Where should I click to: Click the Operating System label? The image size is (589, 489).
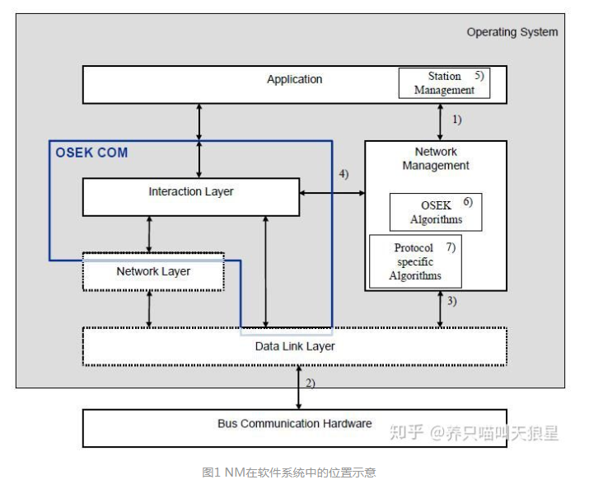coord(512,32)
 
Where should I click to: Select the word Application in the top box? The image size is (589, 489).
coord(294,79)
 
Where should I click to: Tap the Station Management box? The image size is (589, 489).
coord(444,83)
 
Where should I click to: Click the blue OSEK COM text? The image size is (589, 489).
coord(91,153)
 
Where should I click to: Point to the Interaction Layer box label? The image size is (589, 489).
coord(190,191)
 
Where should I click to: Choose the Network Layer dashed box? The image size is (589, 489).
coord(153,271)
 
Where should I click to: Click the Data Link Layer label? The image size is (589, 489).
coord(295,346)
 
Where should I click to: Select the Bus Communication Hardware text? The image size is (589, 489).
coord(294,424)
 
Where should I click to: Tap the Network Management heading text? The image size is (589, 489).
coord(436,158)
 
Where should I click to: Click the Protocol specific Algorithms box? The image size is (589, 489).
coord(416,261)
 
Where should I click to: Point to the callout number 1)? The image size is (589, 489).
coord(456,119)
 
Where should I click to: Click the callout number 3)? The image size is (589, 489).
coord(451,301)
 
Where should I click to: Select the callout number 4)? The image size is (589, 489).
coord(344,174)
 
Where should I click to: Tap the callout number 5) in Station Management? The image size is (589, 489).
coord(479,75)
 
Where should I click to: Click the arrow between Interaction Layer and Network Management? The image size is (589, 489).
coord(332,193)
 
